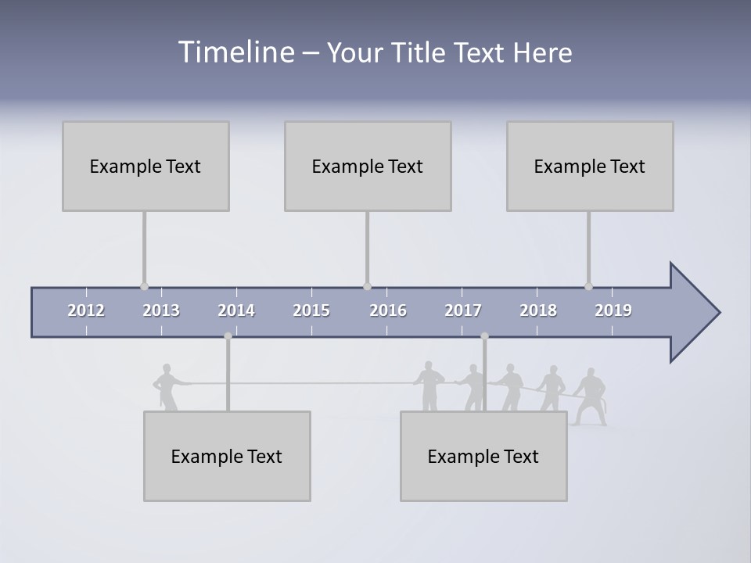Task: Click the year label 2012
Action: [x=86, y=310]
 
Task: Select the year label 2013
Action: [x=161, y=310]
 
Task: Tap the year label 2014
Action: [x=236, y=310]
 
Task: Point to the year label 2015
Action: [x=311, y=310]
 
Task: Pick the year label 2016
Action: [x=388, y=310]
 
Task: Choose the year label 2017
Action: [x=463, y=310]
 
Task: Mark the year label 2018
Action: [x=538, y=310]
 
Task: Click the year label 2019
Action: [x=613, y=310]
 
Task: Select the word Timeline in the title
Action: [x=236, y=52]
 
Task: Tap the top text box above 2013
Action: [x=146, y=166]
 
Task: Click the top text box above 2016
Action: [x=368, y=166]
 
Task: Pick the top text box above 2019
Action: [x=590, y=166]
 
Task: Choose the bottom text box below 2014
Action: [x=227, y=456]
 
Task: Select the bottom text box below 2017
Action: [x=483, y=456]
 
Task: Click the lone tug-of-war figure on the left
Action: [x=166, y=386]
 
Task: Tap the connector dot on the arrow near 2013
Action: [x=144, y=286]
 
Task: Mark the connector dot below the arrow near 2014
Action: [x=228, y=336]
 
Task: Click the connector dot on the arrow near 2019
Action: [x=588, y=286]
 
